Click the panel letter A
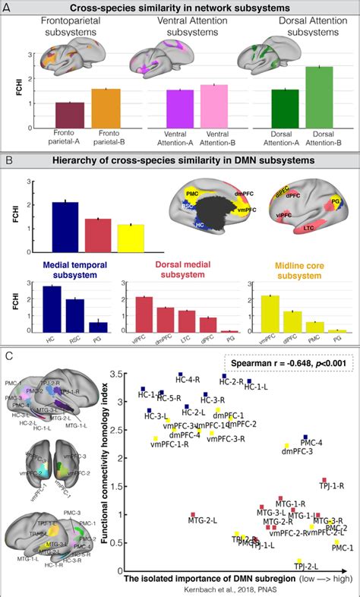click(10, 9)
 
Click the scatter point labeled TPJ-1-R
click(324, 481)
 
